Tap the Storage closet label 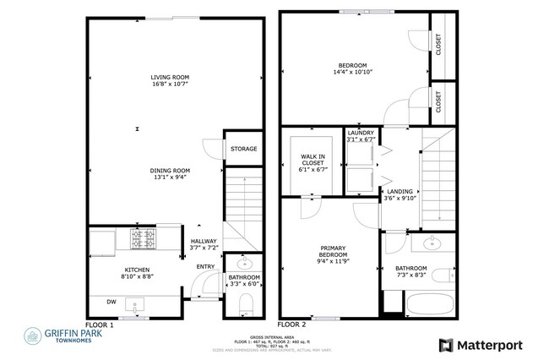(x=243, y=150)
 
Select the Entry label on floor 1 (x=205, y=267)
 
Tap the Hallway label (x=204, y=241)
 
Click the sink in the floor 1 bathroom (x=244, y=261)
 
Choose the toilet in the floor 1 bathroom (x=243, y=303)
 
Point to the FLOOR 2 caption (x=293, y=325)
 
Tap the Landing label (x=400, y=192)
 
